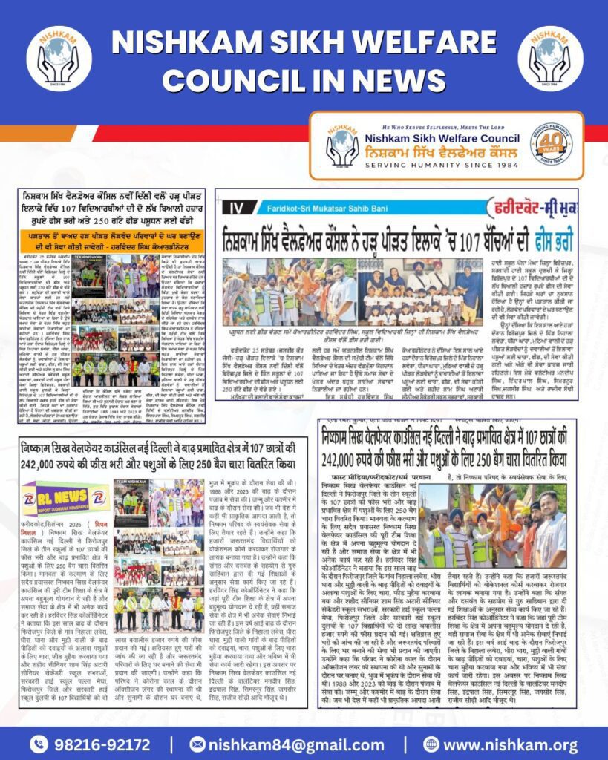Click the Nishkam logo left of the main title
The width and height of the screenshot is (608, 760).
pyautogui.click(x=59, y=58)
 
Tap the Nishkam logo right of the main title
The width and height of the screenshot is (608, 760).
pyautogui.click(x=550, y=58)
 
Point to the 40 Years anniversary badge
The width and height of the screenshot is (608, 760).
pyautogui.click(x=551, y=144)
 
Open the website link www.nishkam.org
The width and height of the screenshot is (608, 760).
pyautogui.click(x=511, y=744)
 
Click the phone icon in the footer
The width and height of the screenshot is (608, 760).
pyautogui.click(x=39, y=744)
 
